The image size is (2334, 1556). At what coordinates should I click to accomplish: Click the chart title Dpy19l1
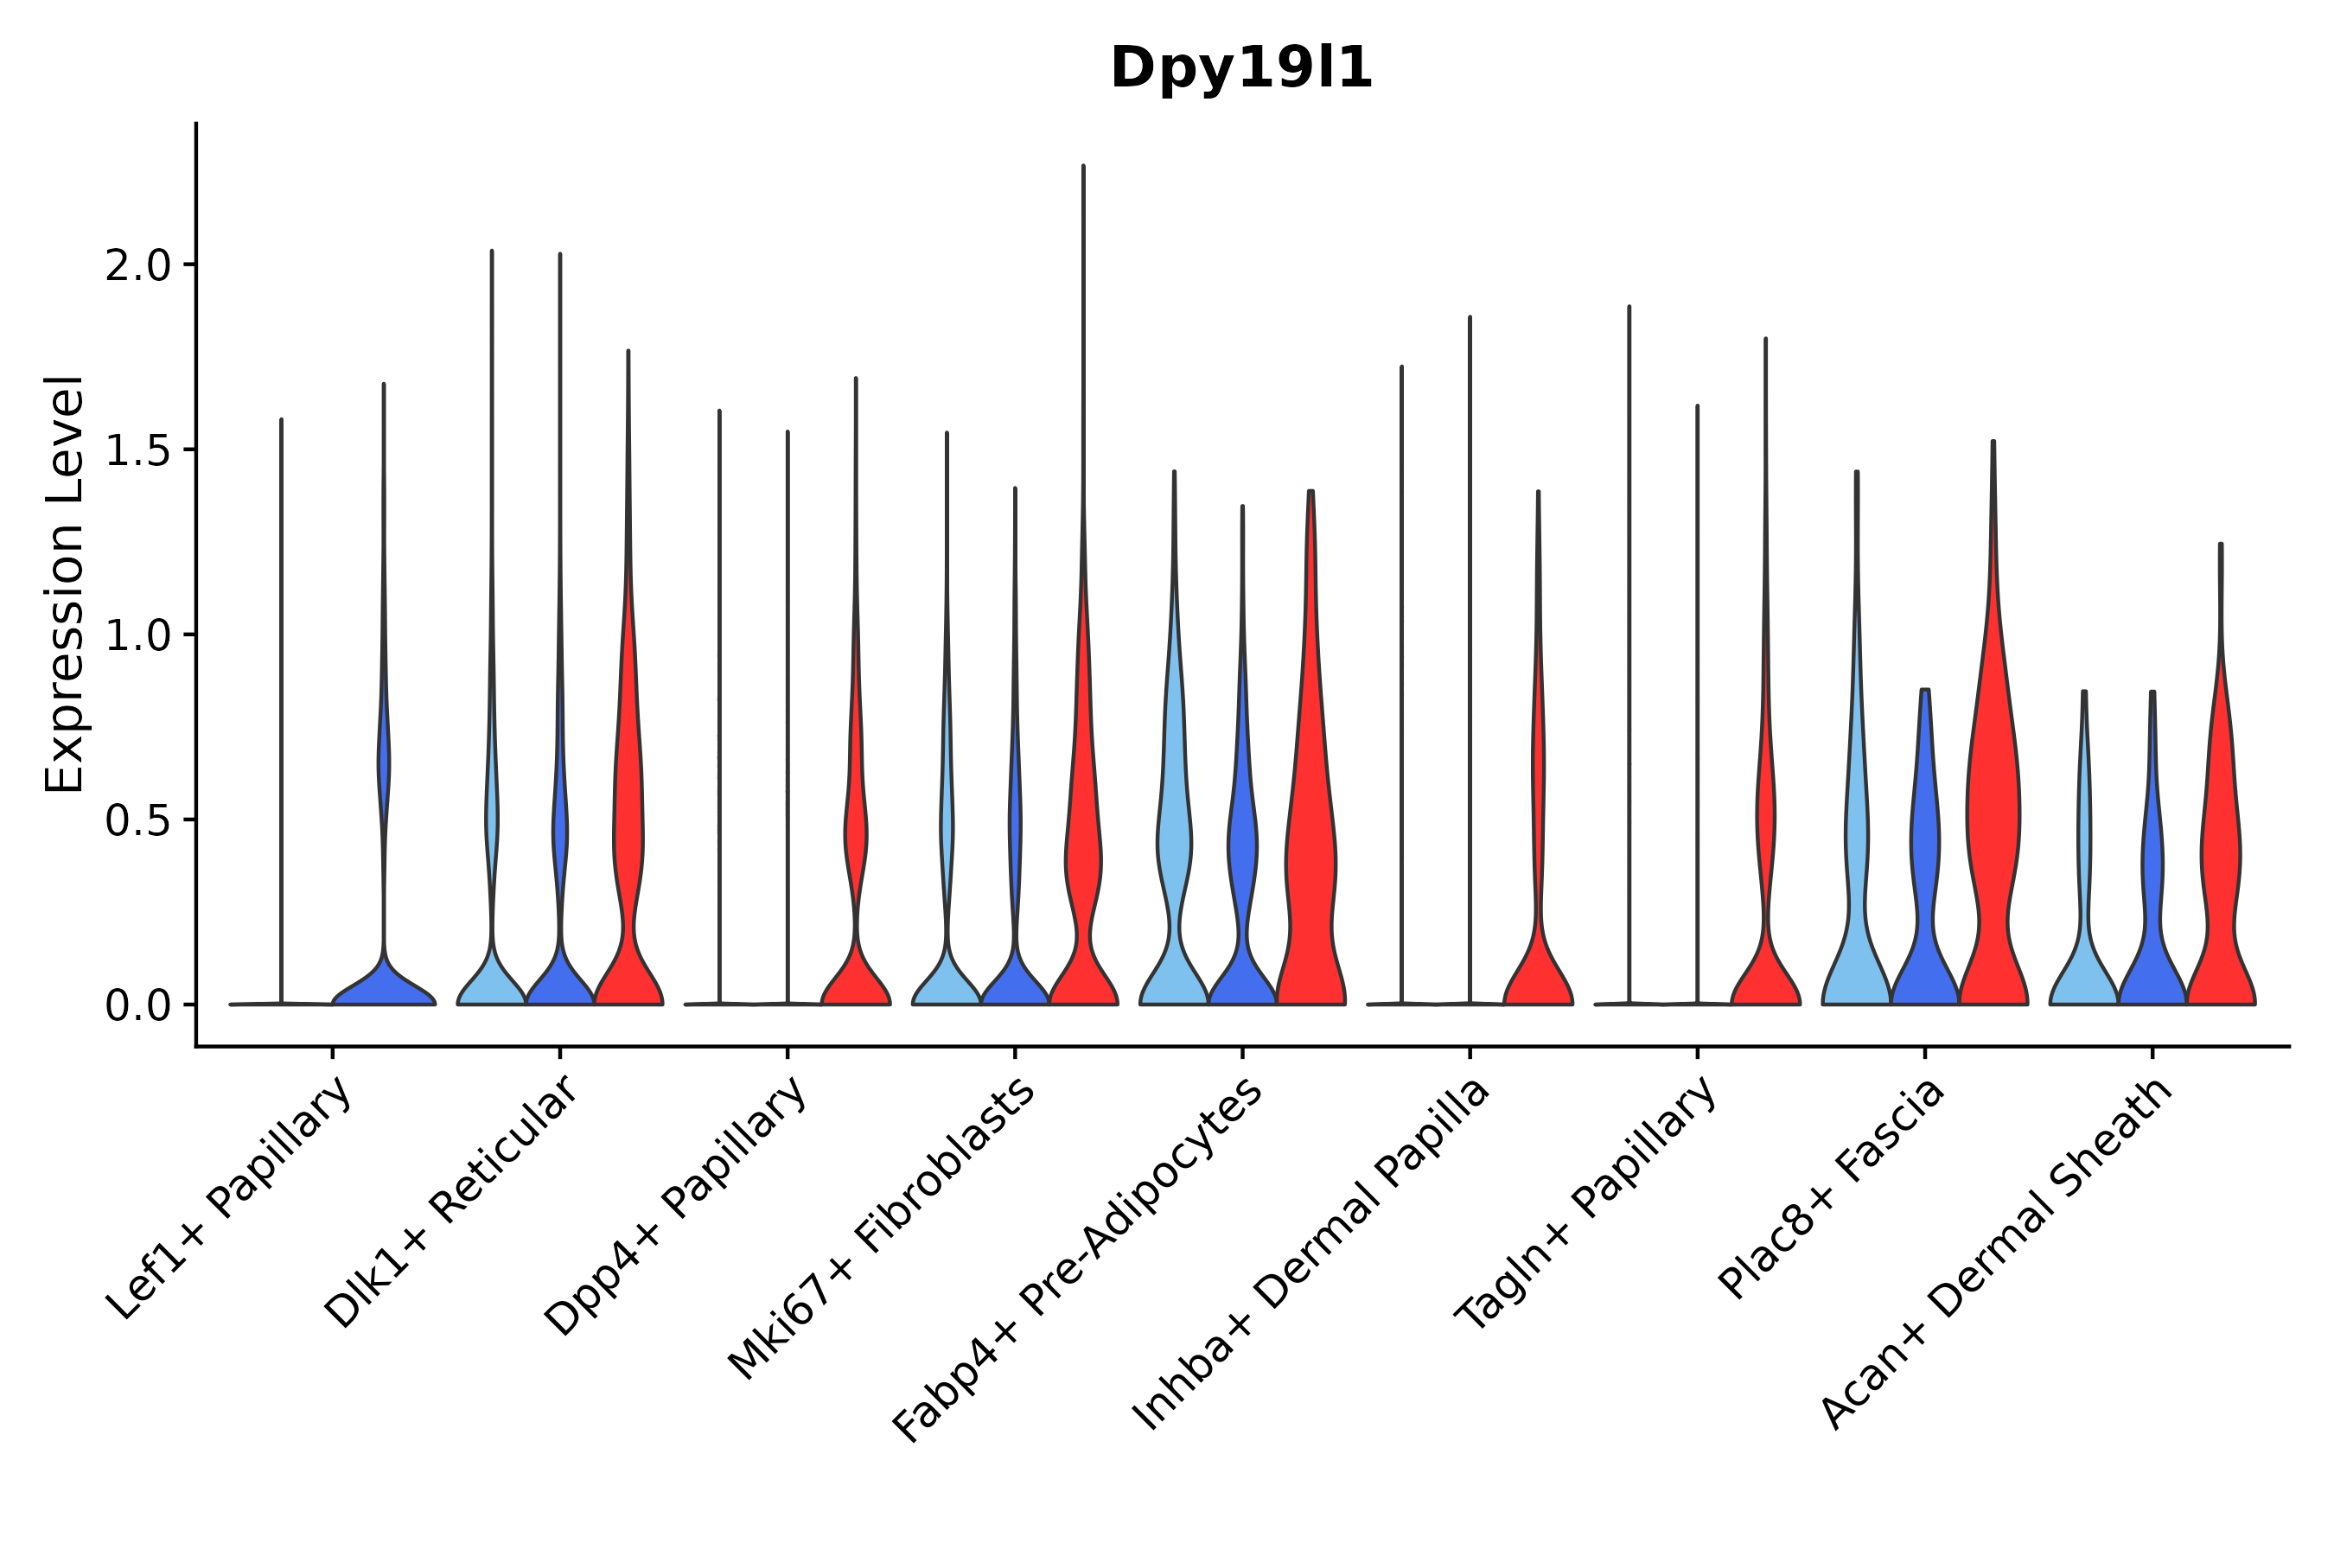coord(1240,69)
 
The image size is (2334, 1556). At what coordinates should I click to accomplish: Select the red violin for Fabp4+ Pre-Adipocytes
coord(1310,844)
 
